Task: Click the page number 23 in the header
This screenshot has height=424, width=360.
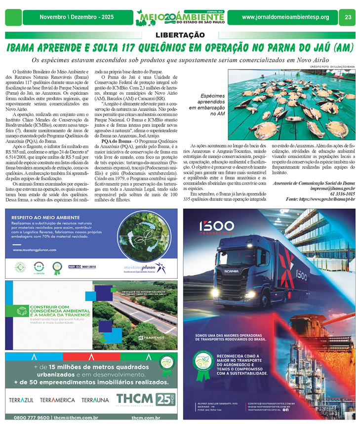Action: pos(348,17)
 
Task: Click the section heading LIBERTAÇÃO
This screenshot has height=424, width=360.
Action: pos(180,35)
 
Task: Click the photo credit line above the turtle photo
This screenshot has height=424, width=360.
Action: pos(332,66)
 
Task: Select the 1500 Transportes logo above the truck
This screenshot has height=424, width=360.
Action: pos(217,227)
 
